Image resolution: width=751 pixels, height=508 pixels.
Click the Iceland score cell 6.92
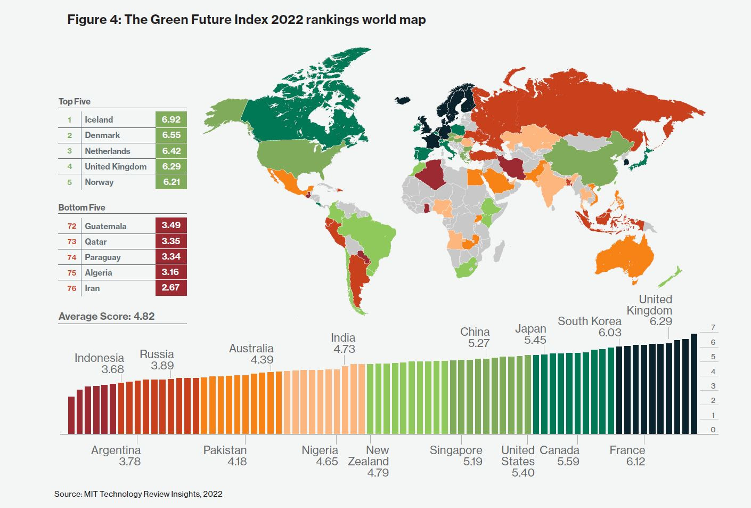171,119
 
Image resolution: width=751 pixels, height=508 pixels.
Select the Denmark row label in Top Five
102,135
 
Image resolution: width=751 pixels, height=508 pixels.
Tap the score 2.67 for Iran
171,288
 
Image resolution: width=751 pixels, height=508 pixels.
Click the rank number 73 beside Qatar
72,241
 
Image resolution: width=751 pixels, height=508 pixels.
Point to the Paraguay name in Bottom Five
103,257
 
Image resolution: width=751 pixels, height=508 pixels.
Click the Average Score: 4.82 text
107,316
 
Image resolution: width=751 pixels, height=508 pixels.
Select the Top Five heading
75,101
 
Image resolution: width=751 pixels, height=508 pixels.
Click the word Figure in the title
87,20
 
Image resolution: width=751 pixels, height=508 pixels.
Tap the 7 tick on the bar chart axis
713,327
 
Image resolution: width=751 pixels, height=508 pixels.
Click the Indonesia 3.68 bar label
100,364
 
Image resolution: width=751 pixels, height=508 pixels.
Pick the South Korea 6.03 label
590,327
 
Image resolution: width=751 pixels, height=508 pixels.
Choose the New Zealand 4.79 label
369,461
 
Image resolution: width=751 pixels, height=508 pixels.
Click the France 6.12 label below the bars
627,456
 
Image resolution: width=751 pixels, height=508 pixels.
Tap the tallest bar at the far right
694,384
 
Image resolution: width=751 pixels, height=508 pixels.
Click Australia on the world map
623,256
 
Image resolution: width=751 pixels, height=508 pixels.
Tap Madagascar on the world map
499,251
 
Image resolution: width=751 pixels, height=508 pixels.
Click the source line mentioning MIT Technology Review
138,494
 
